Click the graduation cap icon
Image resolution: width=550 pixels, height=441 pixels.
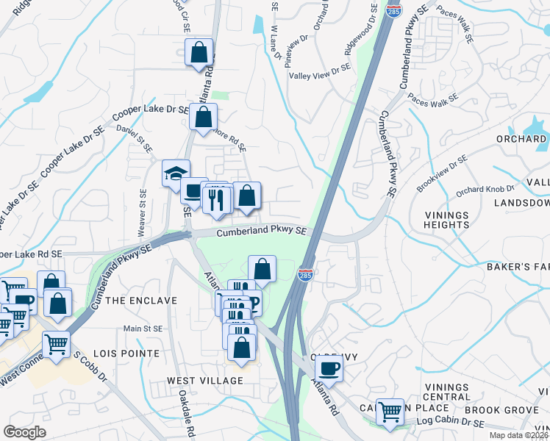[x=176, y=173]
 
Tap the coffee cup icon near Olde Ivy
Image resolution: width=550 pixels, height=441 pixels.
[x=329, y=368]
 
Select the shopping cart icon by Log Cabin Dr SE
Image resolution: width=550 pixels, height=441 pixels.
[x=390, y=412]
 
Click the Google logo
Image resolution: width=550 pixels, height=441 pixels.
[x=24, y=432]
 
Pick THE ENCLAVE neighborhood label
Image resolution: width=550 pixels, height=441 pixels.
[x=141, y=301]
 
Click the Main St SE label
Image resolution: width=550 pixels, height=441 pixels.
[x=143, y=329]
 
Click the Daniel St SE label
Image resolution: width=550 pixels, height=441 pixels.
[x=135, y=138]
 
